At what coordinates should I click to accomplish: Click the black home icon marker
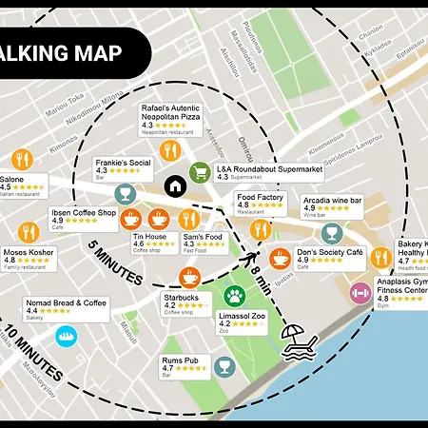[x=174, y=185]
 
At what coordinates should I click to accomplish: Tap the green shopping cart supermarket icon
[x=200, y=172]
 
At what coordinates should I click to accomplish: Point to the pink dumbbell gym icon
[x=360, y=293]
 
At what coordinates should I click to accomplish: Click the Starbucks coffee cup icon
[x=190, y=277]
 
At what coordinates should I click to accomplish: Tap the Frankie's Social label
[x=123, y=163]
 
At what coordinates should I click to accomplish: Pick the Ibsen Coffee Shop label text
[x=83, y=213]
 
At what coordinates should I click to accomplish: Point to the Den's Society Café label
[x=330, y=253]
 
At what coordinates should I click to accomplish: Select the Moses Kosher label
[x=29, y=255]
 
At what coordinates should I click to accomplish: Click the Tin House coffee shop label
[x=149, y=237]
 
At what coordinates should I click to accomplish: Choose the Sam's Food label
[x=202, y=237]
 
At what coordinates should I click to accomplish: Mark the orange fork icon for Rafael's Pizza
[x=171, y=149]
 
